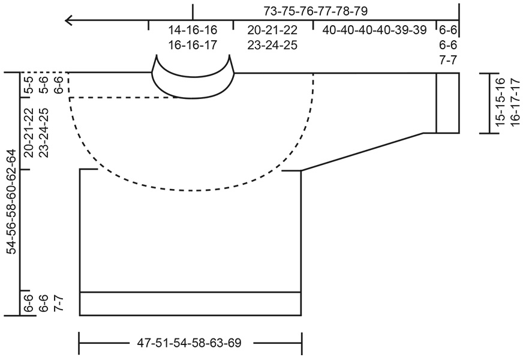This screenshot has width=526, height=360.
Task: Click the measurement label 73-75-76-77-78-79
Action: [x=315, y=11]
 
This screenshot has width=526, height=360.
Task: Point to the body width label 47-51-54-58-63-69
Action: [x=190, y=344]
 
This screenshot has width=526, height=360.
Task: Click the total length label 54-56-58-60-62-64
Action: [x=11, y=201]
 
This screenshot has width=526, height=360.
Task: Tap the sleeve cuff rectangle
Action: [x=447, y=103]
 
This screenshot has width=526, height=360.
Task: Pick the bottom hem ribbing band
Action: [x=190, y=304]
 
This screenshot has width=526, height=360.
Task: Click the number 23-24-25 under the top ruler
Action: [x=272, y=45]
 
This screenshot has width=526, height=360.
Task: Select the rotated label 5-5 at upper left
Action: [x=28, y=85]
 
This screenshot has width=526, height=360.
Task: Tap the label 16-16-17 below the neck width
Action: [x=192, y=45]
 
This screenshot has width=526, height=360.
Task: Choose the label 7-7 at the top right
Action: [x=448, y=59]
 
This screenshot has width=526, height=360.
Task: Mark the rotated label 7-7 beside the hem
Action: [x=59, y=304]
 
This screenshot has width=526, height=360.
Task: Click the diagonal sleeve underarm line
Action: [x=362, y=151]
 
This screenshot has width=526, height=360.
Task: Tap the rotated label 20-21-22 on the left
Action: [x=28, y=133]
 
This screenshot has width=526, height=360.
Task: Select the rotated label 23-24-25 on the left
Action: [x=43, y=133]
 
